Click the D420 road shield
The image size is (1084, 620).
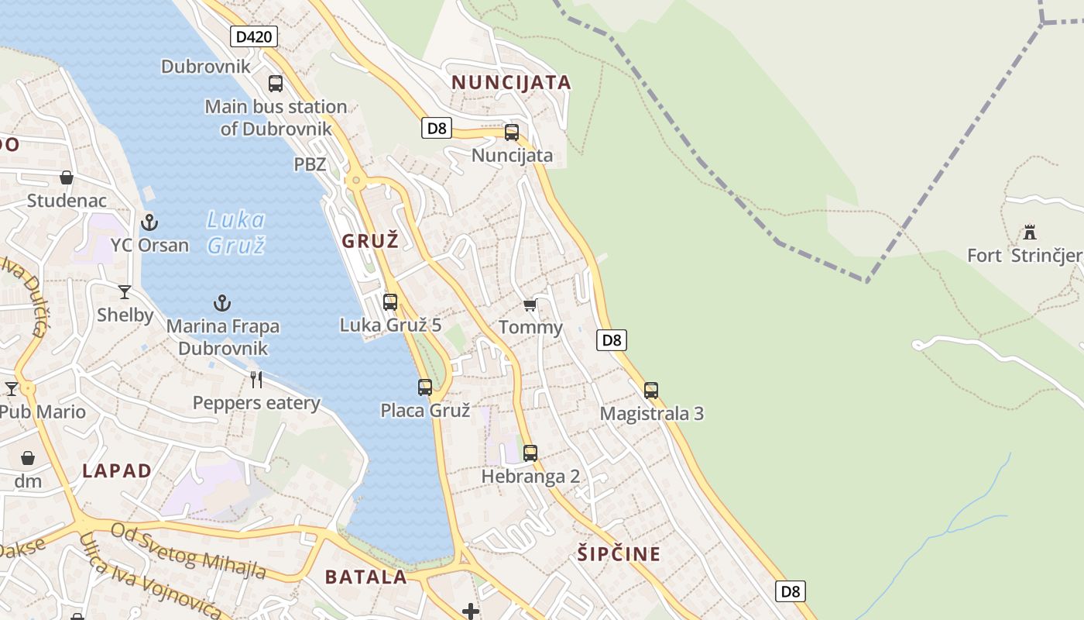pyautogui.click(x=253, y=36)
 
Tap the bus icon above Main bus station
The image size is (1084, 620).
pyautogui.click(x=276, y=84)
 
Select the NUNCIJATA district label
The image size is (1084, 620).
pyautogui.click(x=511, y=82)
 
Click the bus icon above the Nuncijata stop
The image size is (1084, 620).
pyautogui.click(x=512, y=133)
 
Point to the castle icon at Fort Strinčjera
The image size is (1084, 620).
pyautogui.click(x=1030, y=232)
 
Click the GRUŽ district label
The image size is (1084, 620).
pyautogui.click(x=370, y=241)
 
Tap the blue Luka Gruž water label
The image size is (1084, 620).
pyautogui.click(x=236, y=232)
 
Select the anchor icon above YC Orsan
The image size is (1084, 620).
pyautogui.click(x=149, y=223)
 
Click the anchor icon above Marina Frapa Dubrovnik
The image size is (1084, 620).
pyautogui.click(x=222, y=303)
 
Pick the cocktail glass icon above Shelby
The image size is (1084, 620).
pyautogui.click(x=125, y=292)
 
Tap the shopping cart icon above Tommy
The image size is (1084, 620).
pyautogui.click(x=530, y=305)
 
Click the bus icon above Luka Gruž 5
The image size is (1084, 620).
pyautogui.click(x=390, y=301)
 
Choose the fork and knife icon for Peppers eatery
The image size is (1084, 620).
pyautogui.click(x=256, y=380)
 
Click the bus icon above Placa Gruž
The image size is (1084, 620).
pyautogui.click(x=425, y=387)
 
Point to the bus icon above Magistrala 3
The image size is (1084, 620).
pyautogui.click(x=651, y=390)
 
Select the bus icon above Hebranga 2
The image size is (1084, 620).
pyautogui.click(x=530, y=453)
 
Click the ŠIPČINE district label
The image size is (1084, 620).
pyautogui.click(x=619, y=553)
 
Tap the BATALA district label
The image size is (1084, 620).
pyautogui.click(x=365, y=577)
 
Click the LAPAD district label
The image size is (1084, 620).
pyautogui.click(x=117, y=470)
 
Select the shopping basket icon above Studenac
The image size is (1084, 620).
pyautogui.click(x=67, y=177)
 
